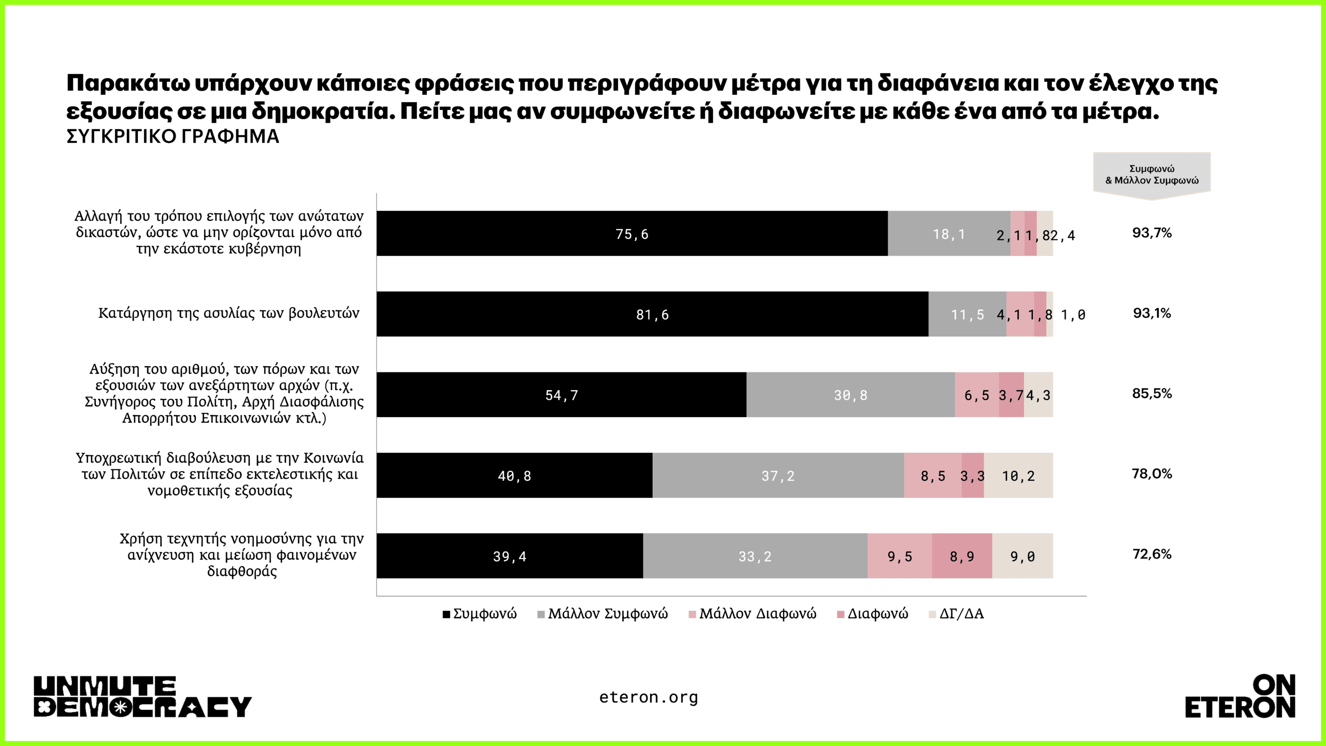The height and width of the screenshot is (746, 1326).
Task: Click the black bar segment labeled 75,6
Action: pyautogui.click(x=632, y=234)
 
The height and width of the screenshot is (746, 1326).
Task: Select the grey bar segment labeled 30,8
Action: pyautogui.click(x=851, y=395)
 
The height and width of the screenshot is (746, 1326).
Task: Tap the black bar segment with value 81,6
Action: pyautogui.click(x=652, y=314)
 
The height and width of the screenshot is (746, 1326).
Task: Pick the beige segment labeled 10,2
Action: pyautogui.click(x=1018, y=476)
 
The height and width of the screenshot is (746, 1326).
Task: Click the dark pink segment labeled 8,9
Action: pyautogui.click(x=962, y=556)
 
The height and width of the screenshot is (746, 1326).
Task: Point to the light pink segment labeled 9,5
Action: pyautogui.click(x=900, y=556)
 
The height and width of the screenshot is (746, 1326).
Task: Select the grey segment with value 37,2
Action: pyautogui.click(x=778, y=476)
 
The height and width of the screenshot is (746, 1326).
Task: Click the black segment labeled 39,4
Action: pyautogui.click(x=510, y=556)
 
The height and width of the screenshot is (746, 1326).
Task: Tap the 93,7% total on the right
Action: pyautogui.click(x=1152, y=233)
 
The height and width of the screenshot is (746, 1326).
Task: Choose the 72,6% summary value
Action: pyautogui.click(x=1152, y=554)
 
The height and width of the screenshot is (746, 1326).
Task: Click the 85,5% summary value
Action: pyautogui.click(x=1152, y=393)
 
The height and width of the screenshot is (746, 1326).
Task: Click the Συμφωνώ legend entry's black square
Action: pyautogui.click(x=446, y=614)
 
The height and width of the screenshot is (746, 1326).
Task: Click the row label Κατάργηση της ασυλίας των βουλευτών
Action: pyautogui.click(x=228, y=313)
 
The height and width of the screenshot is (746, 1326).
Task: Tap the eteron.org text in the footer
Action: pyautogui.click(x=648, y=697)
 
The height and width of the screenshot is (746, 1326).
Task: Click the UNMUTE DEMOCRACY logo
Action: pyautogui.click(x=142, y=697)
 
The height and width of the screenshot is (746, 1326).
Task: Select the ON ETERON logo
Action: pyautogui.click(x=1240, y=697)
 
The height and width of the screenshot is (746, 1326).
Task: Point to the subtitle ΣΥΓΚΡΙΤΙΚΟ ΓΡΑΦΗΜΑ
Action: pyautogui.click(x=173, y=137)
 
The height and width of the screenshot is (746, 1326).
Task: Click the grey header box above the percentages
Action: pyautogui.click(x=1152, y=175)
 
